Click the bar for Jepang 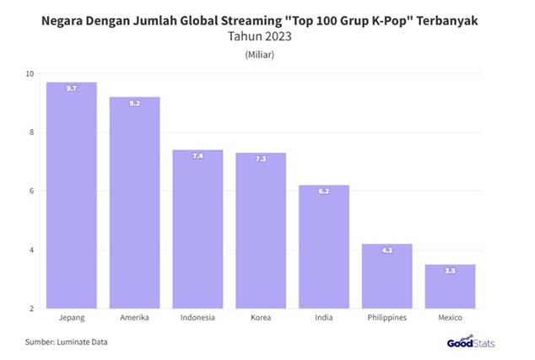point(71,195)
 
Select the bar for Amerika point(134,202)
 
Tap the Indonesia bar point(197,228)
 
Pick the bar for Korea point(261,230)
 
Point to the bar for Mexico point(450,286)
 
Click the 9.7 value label point(71,88)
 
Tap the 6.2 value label point(324,191)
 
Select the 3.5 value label point(450,271)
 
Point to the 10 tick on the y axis point(30,73)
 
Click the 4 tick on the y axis point(32,250)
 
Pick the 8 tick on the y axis point(32,132)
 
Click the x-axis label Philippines point(386,319)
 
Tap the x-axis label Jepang point(71,319)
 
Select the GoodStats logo point(471,341)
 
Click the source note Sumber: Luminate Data point(66,341)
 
